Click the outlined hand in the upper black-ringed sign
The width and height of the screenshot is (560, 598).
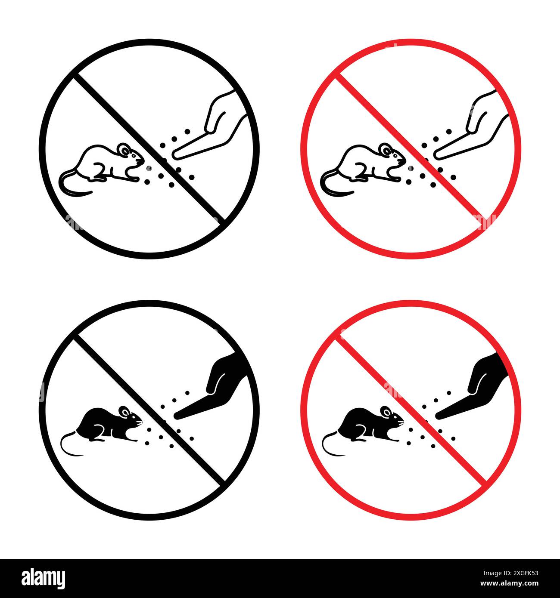215,125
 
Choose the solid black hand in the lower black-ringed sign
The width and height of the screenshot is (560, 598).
218,383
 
